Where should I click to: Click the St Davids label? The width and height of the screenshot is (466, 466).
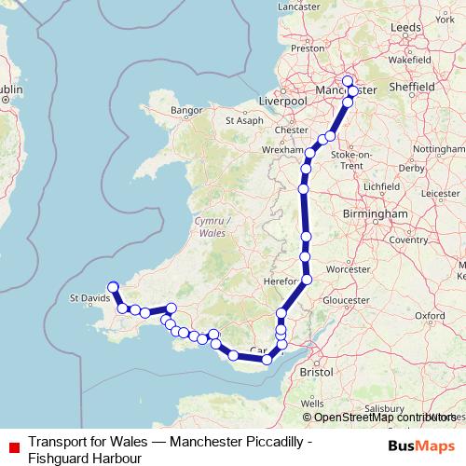click(x=89, y=298)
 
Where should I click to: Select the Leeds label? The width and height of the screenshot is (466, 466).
click(x=406, y=29)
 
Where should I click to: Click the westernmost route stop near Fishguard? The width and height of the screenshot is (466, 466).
click(x=113, y=287)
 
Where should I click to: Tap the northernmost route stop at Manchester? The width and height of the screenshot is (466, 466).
click(x=348, y=80)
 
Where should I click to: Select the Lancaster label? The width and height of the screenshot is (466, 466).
click(x=298, y=6)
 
